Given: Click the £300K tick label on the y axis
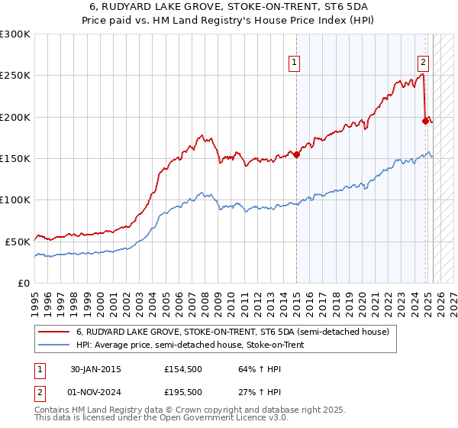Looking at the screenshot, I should click(15, 34).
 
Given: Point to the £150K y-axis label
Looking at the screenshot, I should click(15, 159).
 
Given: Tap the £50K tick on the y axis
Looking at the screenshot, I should click(18, 242).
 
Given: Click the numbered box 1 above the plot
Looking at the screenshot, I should click(294, 63).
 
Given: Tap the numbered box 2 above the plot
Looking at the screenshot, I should click(423, 63).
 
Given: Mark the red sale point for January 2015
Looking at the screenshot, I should click(295, 154).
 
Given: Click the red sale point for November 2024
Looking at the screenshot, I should click(426, 120).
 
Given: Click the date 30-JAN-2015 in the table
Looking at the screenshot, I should click(95, 369).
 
